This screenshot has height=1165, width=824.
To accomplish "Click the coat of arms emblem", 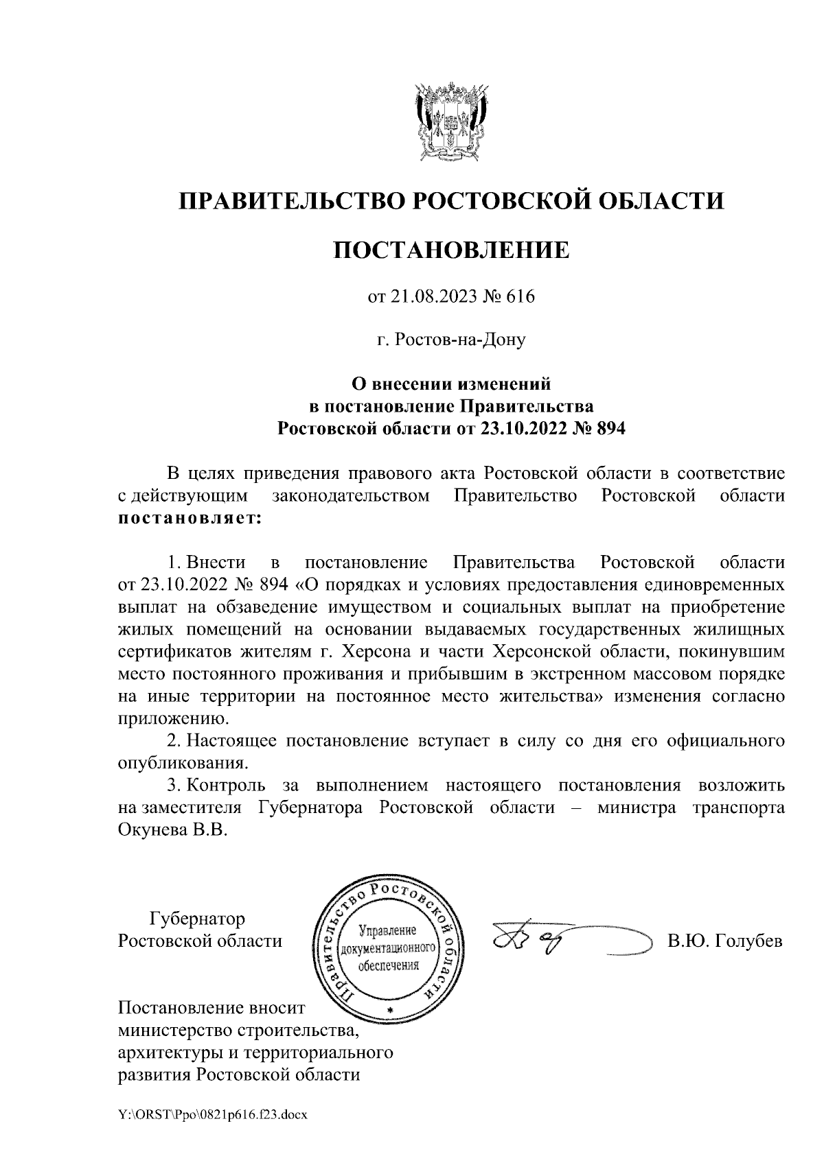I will [x=451, y=121].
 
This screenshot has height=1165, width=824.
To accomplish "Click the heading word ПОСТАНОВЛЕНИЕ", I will [x=451, y=250].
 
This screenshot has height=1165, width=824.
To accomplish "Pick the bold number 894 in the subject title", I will [x=613, y=429].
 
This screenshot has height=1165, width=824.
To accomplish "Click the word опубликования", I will [x=183, y=762].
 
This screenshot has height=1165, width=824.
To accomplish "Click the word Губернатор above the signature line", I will [x=196, y=917].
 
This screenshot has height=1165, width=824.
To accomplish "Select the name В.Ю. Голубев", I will [x=725, y=940].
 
